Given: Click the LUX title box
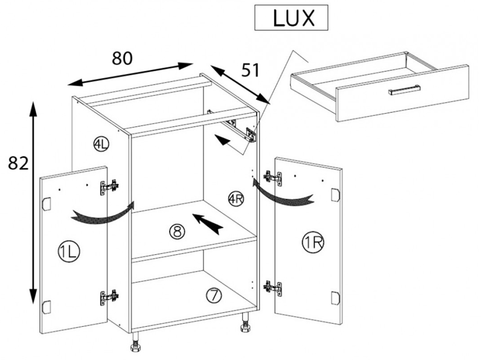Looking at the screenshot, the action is pos(291,18).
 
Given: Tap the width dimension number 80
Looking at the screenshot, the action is pos(123,58).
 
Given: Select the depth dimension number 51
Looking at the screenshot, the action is pos(251,70).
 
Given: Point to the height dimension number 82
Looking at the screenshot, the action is pos(18,162).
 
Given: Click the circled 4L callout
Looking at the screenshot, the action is pos(101,144).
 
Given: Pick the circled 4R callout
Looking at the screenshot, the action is pos(236,199).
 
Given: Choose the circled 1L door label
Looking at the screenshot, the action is pos(69,252).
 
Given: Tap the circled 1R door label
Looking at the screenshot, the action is pos(313,243).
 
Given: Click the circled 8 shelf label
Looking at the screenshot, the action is pos(177,231).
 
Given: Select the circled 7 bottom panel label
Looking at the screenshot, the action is pos(214,295).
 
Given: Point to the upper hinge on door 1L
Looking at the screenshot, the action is pos(109,187).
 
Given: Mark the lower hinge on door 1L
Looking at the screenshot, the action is pos(109,297).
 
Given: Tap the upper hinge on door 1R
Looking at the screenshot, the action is pos(272,178).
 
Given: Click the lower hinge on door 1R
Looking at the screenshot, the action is pos(272,289).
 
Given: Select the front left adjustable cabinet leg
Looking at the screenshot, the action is pos(135,342).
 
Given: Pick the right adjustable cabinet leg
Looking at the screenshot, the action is pos(246,322).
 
